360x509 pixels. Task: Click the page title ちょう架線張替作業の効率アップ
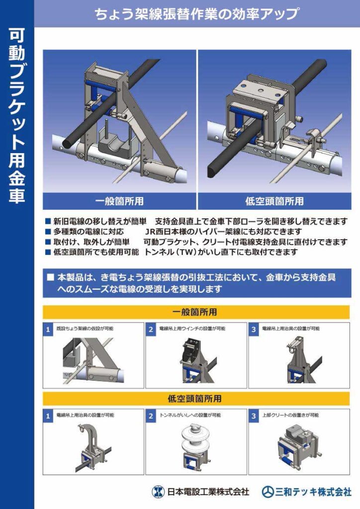tap(197, 14)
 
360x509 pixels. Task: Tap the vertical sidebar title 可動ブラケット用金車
tap(17, 115)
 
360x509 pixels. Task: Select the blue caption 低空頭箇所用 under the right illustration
tap(274, 201)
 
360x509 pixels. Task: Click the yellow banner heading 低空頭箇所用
tap(195, 398)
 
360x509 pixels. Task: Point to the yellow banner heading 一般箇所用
tap(195, 312)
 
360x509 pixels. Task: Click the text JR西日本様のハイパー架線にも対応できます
tap(224, 232)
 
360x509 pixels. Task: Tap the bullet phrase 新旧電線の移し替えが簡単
tap(100, 222)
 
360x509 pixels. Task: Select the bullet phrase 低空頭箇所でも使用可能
tap(96, 252)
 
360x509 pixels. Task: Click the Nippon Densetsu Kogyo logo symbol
tap(158, 492)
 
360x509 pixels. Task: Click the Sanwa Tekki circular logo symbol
tap(268, 492)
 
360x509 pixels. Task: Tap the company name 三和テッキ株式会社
tap(313, 492)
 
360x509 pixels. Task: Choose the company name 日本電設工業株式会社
tap(208, 492)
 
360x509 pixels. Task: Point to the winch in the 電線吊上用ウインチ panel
tap(190, 350)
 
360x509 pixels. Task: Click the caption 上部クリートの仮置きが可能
tap(290, 415)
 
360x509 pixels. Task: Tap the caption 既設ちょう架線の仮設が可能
tap(85, 329)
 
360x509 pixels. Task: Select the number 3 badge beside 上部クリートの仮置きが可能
tap(254, 416)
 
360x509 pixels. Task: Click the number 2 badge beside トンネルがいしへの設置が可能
tap(151, 416)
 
